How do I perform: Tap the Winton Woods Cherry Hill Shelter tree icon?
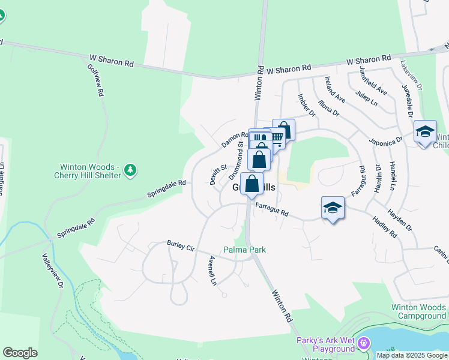pyautogui.click(x=130, y=172)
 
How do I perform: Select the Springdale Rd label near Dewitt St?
pyautogui.click(x=166, y=189)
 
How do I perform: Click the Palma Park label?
pyautogui.click(x=244, y=250)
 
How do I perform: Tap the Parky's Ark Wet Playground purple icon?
pyautogui.click(x=363, y=344)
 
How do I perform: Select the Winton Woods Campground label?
pyautogui.click(x=419, y=311)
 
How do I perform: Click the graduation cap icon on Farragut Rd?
pyautogui.click(x=333, y=208)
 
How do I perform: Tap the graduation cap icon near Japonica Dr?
pyautogui.click(x=424, y=131)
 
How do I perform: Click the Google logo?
pyautogui.click(x=20, y=353)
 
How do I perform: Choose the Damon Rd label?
pyautogui.click(x=234, y=140)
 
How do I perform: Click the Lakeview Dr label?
pyautogui.click(x=412, y=74)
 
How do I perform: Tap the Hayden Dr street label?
pyautogui.click(x=400, y=220)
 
